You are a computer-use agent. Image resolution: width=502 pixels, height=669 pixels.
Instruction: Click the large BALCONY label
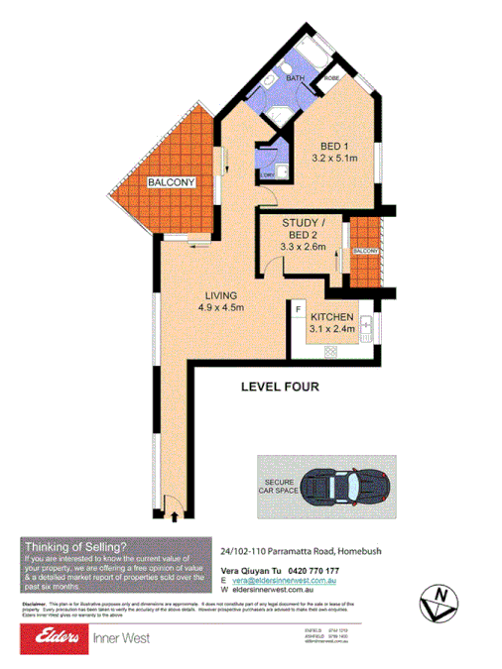pos(174,183)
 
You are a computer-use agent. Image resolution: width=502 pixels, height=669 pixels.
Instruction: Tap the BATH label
pos(295,77)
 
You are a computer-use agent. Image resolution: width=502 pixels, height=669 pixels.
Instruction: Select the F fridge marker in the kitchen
pos(299,311)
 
